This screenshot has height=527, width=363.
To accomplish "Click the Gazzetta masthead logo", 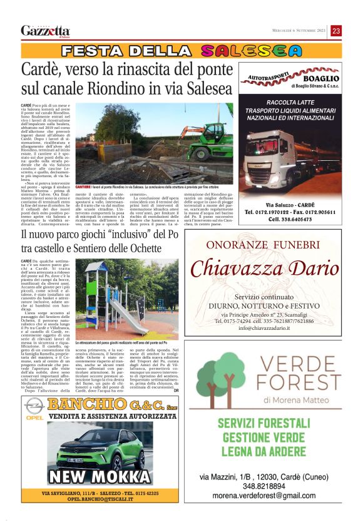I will pos(45,31).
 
